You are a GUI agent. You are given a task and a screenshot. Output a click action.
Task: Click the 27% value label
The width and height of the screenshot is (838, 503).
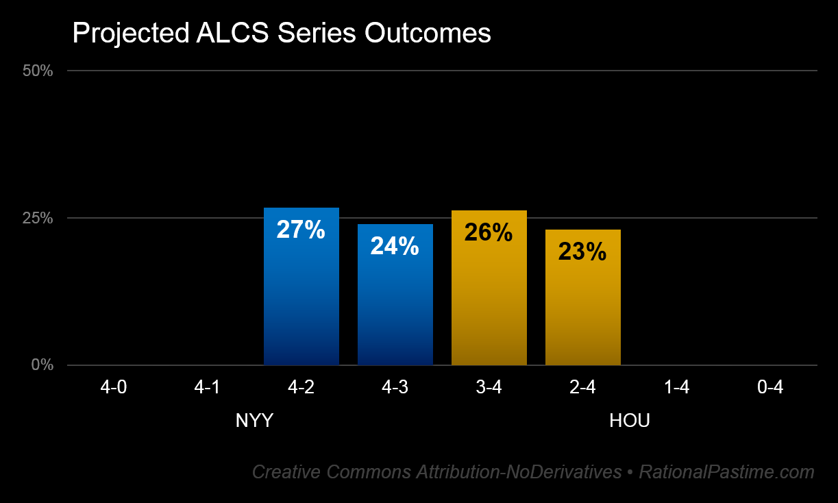point(301,230)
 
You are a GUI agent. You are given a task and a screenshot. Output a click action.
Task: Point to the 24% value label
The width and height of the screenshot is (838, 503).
point(395,246)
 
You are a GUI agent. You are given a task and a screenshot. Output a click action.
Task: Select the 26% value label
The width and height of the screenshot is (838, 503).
point(489,233)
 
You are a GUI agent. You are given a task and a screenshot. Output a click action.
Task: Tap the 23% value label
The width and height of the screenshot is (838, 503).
point(582,252)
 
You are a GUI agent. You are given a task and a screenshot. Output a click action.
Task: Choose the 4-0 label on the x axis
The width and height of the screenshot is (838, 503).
point(113,388)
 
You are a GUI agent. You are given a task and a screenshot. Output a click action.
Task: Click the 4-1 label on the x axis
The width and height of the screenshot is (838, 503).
point(207,388)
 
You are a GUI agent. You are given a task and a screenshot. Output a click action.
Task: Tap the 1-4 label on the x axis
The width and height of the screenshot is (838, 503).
point(676,388)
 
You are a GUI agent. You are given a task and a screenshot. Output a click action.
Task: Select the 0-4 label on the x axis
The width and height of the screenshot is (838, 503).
point(770,388)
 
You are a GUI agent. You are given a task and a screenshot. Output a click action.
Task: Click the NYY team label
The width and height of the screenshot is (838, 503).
point(254,421)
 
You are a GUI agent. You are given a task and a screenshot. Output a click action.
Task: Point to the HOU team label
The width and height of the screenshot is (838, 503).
point(629,421)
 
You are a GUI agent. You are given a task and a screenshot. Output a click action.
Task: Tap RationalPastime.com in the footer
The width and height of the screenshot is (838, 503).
point(726,472)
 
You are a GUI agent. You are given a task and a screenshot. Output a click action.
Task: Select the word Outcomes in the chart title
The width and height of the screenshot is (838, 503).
point(428,33)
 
